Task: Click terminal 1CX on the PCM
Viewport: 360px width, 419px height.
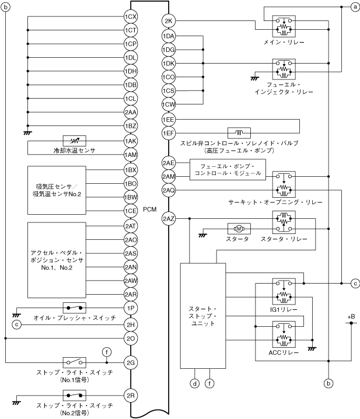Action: click(131, 17)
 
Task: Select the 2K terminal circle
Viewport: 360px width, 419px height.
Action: click(169, 22)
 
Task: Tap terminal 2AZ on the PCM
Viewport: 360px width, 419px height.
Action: click(169, 219)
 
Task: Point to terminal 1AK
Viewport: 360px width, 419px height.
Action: click(131, 141)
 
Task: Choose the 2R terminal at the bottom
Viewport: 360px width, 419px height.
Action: click(131, 395)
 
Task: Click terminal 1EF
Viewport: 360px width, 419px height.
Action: click(169, 132)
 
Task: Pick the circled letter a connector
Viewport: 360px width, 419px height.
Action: click(354, 7)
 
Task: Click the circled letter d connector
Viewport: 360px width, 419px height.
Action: click(194, 383)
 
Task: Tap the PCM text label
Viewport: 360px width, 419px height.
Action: click(150, 209)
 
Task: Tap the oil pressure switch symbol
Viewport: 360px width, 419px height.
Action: click(75, 307)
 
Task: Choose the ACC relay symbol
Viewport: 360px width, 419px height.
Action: click(284, 333)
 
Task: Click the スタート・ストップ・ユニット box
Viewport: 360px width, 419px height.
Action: click(203, 316)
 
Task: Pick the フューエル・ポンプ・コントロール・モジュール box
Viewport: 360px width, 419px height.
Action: click(228, 170)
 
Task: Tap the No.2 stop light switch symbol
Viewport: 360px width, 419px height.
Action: click(75, 395)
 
